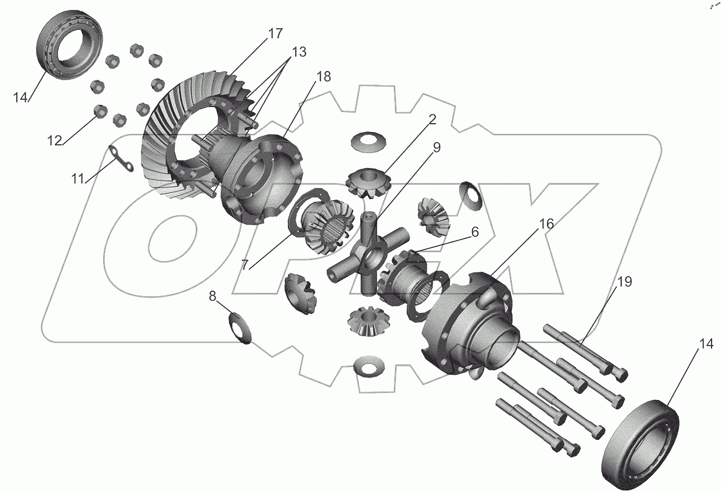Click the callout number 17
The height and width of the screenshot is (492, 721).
275,33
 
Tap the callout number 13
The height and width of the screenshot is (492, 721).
299,52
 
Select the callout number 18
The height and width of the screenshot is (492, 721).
323,77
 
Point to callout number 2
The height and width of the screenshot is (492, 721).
432,119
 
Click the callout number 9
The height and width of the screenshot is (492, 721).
436,147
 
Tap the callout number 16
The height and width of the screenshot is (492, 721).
245,265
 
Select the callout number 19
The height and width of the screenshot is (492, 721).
212,296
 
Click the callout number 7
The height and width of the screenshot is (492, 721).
546,224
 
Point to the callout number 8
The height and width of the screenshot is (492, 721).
624,282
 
